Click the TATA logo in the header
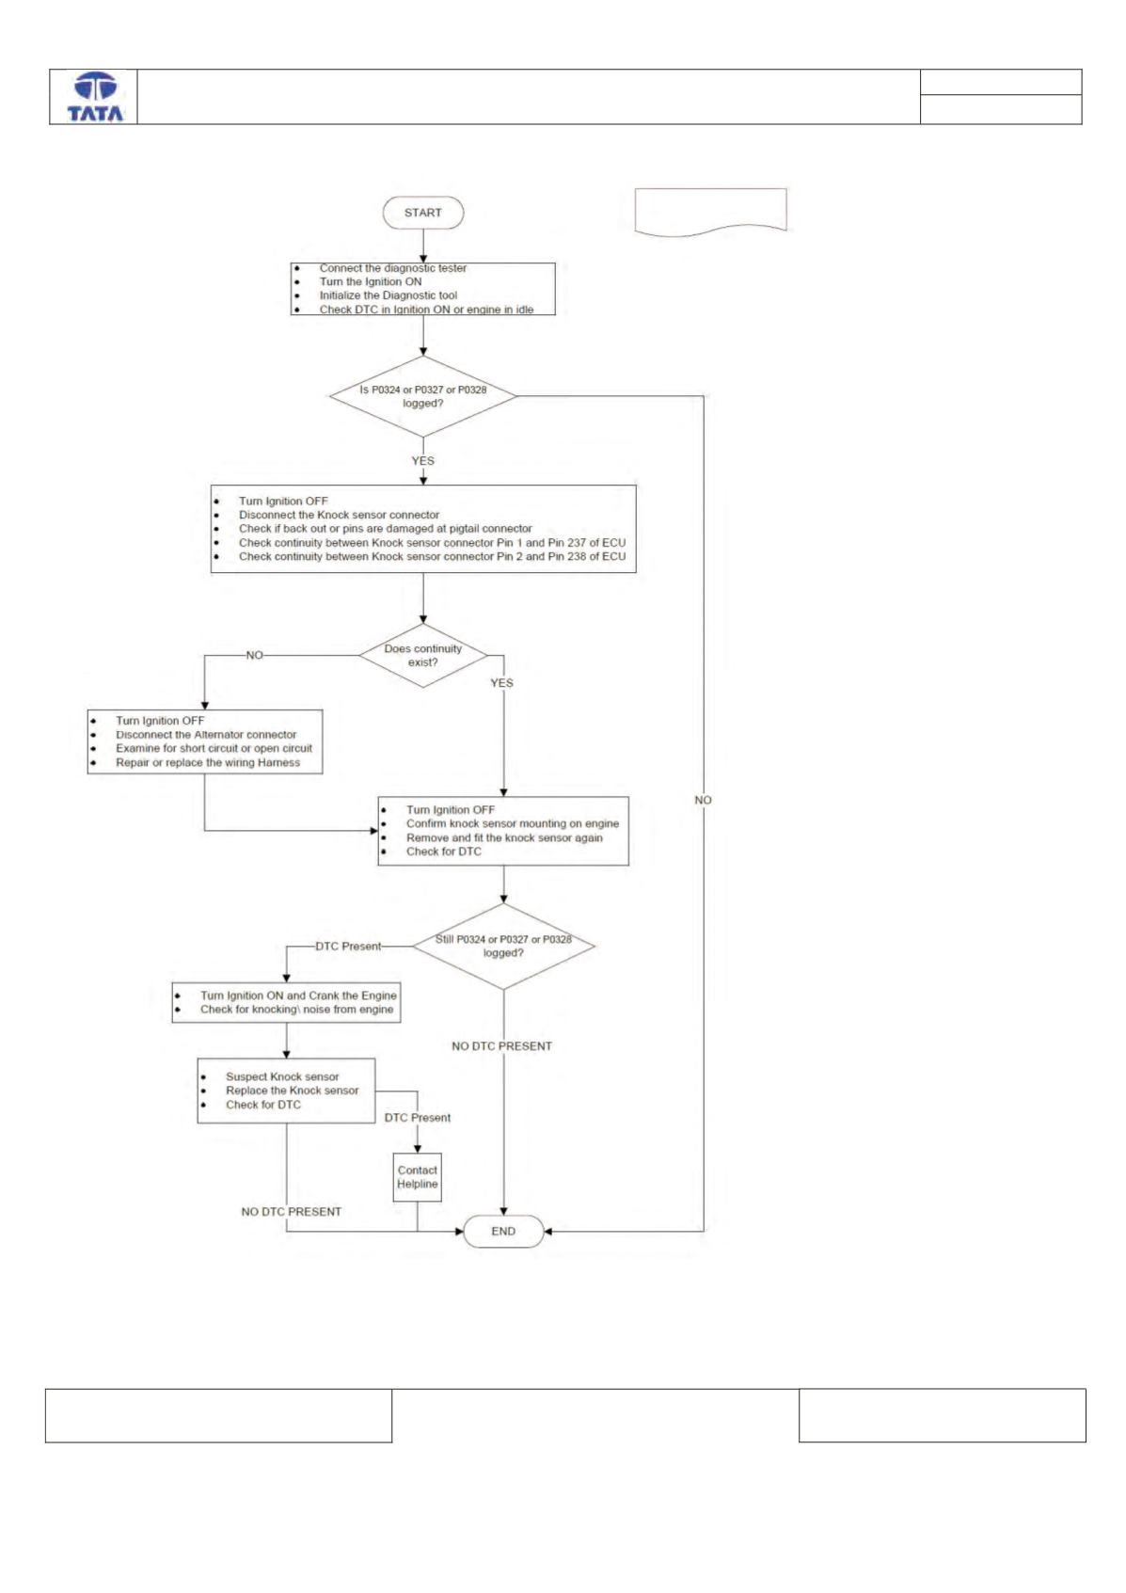click(95, 97)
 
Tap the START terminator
click(423, 213)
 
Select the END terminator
click(503, 1231)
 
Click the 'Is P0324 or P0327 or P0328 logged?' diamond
click(423, 396)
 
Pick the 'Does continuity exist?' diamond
click(423, 655)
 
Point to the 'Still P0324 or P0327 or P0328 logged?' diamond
click(503, 946)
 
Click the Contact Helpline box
click(418, 1177)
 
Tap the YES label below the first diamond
click(423, 461)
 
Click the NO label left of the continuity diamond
click(255, 655)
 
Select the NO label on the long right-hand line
click(703, 800)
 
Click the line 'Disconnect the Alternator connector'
click(206, 735)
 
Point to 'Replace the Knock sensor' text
click(293, 1091)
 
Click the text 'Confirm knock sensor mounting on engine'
click(513, 823)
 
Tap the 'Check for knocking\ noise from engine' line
click(296, 1009)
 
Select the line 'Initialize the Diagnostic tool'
click(389, 295)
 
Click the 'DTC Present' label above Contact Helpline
click(418, 1117)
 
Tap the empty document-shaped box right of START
click(711, 212)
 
